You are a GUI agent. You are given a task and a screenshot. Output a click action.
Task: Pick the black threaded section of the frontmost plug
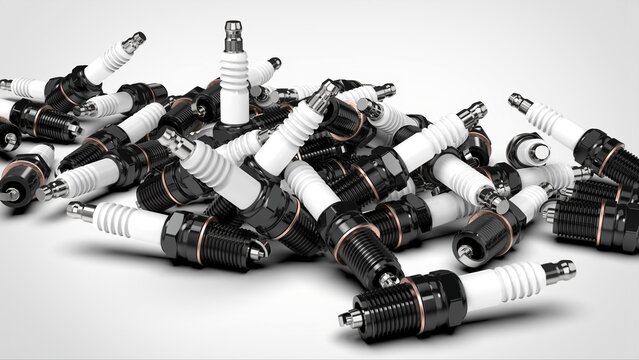(x=384, y=309)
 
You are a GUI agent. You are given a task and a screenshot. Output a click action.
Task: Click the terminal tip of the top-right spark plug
(x=519, y=102)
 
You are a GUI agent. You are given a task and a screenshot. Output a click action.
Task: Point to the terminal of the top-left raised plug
(x=133, y=42)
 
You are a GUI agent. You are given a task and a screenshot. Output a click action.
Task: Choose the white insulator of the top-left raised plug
(x=105, y=63)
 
